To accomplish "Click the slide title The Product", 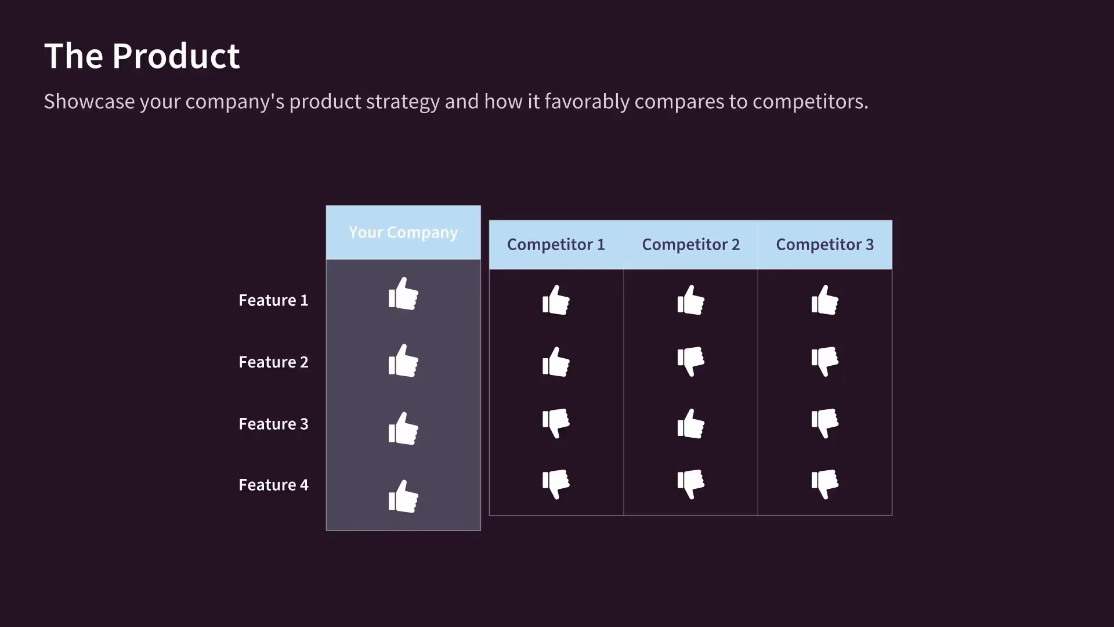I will pos(142,56).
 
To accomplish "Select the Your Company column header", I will pos(403,232).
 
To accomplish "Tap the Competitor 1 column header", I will pos(556,244).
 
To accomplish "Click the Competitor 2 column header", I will pos(690,244).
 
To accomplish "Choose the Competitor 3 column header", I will pos(824,244).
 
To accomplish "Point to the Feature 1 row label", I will pos(273,300).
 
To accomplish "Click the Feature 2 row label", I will pos(273,362).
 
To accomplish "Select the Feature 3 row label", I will pos(273,424).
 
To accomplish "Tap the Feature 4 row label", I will pos(273,485).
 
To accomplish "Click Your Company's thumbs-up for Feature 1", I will pos(403,294).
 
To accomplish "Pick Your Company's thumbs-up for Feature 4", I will pos(403,496).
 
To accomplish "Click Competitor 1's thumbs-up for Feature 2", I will pos(556,362).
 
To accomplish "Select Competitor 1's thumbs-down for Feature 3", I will pos(556,423).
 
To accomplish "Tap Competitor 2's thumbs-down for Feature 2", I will pos(690,361).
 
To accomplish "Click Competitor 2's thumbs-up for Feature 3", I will pos(690,424).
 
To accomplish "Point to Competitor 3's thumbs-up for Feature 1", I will pos(824,300).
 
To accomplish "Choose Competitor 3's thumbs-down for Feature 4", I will pos(824,484).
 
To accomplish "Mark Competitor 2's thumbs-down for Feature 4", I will pos(690,484).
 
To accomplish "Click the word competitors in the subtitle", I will pos(809,102).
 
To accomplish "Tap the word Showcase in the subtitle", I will pos(89,102).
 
